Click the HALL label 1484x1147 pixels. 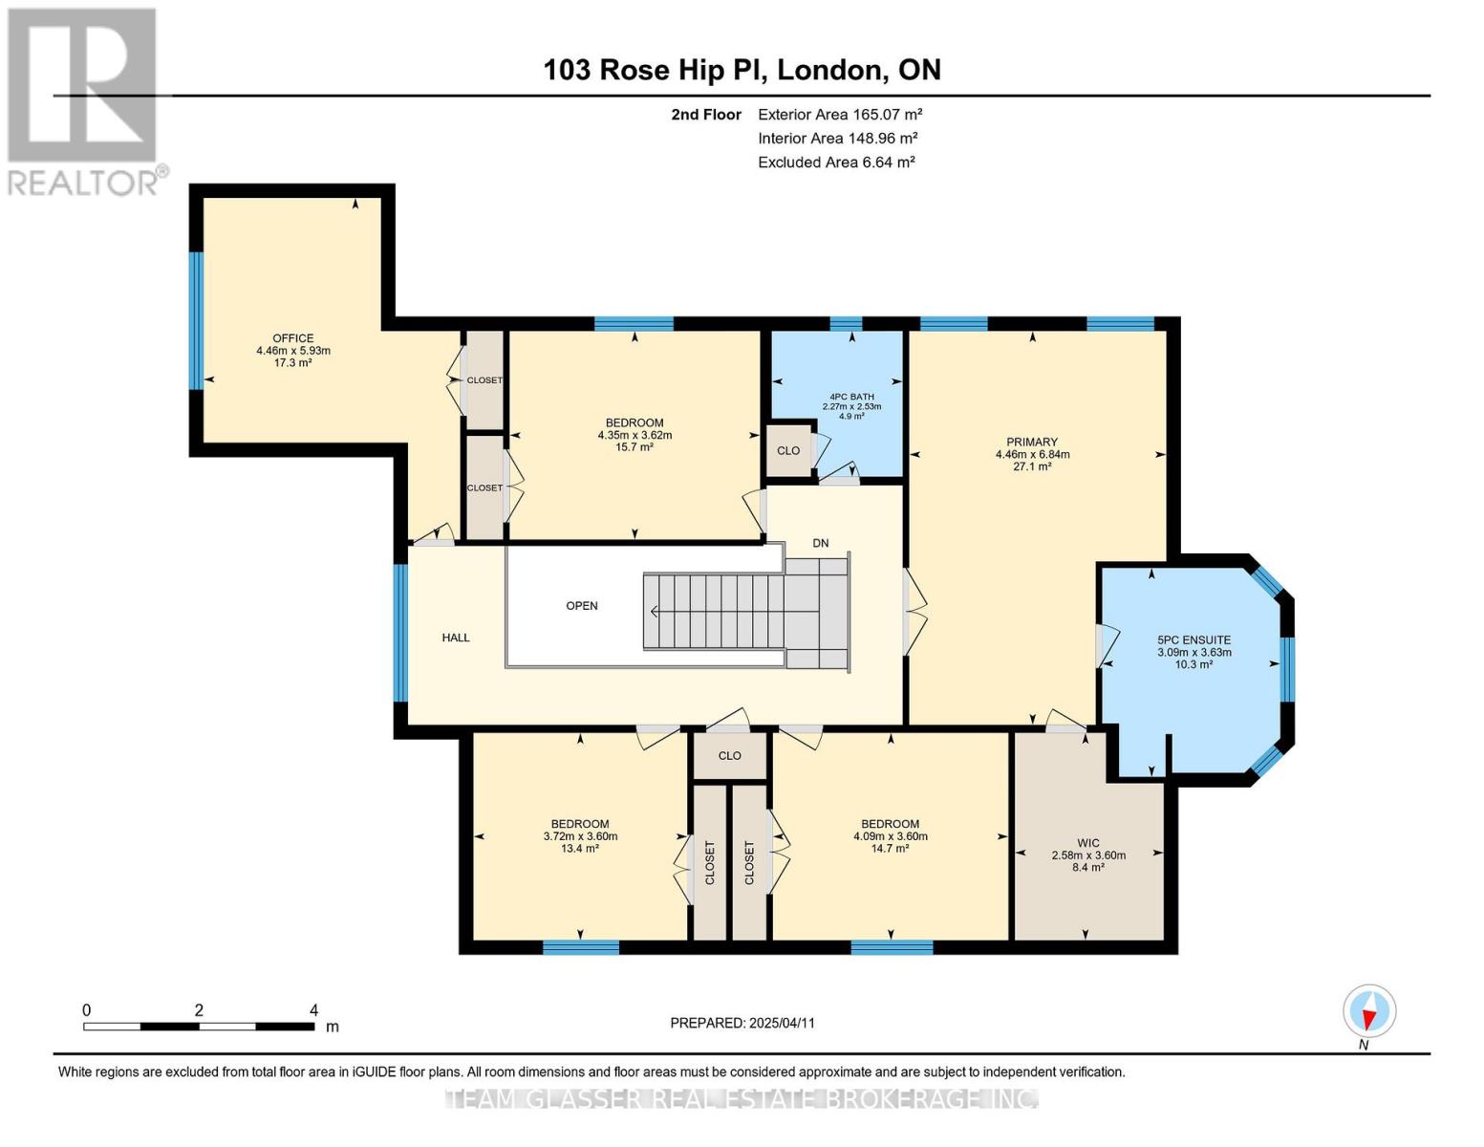click(456, 638)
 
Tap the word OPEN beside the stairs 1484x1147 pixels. click(582, 605)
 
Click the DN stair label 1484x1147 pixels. click(820, 543)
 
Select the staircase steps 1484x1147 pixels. click(736, 612)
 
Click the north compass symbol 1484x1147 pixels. click(1369, 1011)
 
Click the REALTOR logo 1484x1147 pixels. click(84, 100)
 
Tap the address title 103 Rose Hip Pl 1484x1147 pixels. click(742, 70)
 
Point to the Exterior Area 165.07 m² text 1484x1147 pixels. click(840, 114)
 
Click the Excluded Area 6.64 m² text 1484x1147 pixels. click(836, 162)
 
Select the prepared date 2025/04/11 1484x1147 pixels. click(742, 1023)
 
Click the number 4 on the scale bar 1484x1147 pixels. click(313, 1010)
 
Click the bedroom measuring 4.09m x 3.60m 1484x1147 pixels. click(890, 835)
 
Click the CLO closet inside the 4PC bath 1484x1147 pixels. click(788, 450)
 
